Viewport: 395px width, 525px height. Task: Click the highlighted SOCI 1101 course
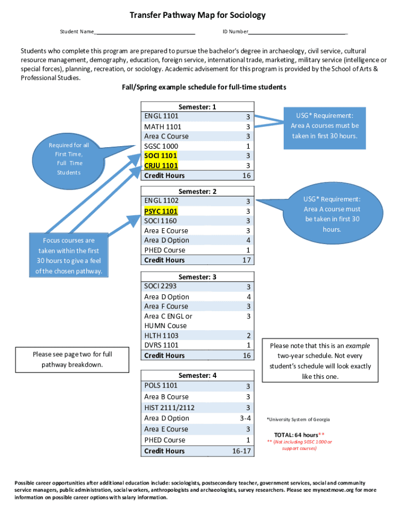click(x=161, y=156)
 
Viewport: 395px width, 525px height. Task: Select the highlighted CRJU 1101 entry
click(x=161, y=166)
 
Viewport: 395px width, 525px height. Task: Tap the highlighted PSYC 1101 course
click(x=161, y=211)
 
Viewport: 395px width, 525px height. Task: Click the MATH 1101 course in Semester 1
click(x=163, y=127)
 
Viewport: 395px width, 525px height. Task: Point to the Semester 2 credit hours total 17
click(x=247, y=260)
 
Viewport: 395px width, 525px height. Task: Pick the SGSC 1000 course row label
click(x=161, y=146)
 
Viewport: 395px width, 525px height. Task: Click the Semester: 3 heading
click(x=197, y=277)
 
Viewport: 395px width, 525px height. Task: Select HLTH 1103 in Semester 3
click(x=161, y=335)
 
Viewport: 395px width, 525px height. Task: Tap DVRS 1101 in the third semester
click(x=162, y=345)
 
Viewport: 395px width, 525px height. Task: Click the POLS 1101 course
click(x=161, y=386)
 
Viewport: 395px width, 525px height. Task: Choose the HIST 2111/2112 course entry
click(x=169, y=408)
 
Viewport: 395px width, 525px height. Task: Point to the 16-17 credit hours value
click(x=241, y=451)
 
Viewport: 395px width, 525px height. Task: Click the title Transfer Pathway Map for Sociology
click(x=197, y=15)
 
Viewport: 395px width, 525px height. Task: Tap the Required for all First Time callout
click(x=69, y=158)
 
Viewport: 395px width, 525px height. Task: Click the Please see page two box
click(x=72, y=359)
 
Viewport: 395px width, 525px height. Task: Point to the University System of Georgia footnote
click(x=298, y=419)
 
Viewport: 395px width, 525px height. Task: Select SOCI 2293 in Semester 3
click(x=161, y=286)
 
